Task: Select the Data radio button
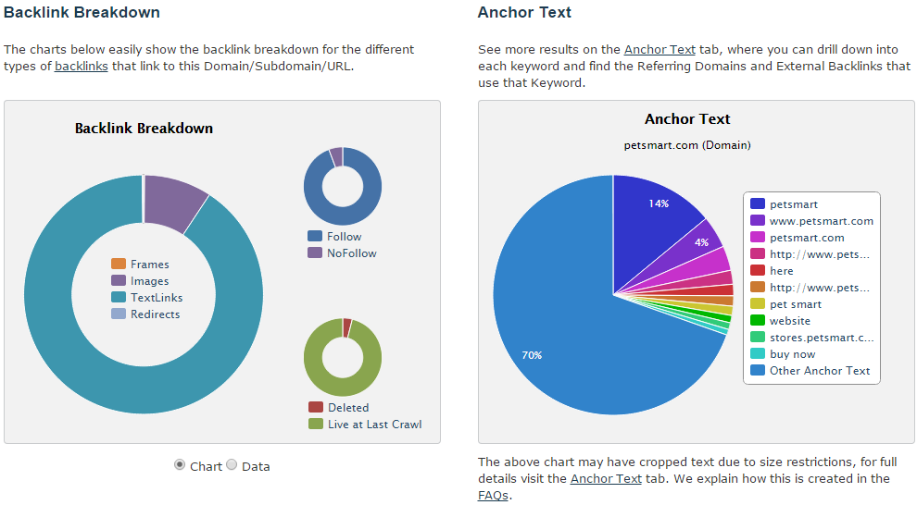pyautogui.click(x=232, y=465)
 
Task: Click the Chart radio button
pyautogui.click(x=180, y=465)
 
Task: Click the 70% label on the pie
pyautogui.click(x=532, y=355)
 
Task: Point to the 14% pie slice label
pyautogui.click(x=659, y=203)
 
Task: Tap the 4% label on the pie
pyautogui.click(x=701, y=242)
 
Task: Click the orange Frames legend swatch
pyautogui.click(x=118, y=265)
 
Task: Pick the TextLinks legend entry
pyautogui.click(x=156, y=298)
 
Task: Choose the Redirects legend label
pyautogui.click(x=155, y=314)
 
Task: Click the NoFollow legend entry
pyautogui.click(x=351, y=252)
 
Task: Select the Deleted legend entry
pyautogui.click(x=347, y=407)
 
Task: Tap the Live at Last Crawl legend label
pyautogui.click(x=373, y=424)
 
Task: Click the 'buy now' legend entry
pyautogui.click(x=792, y=354)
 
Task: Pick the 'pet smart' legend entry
pyautogui.click(x=795, y=304)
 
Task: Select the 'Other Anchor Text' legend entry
pyautogui.click(x=819, y=371)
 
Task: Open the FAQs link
pyautogui.click(x=493, y=495)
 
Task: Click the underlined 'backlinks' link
pyautogui.click(x=80, y=66)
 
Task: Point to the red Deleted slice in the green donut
pyautogui.click(x=347, y=327)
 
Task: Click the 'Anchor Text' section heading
pyautogui.click(x=524, y=12)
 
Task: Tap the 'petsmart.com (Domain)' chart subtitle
pyautogui.click(x=687, y=145)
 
